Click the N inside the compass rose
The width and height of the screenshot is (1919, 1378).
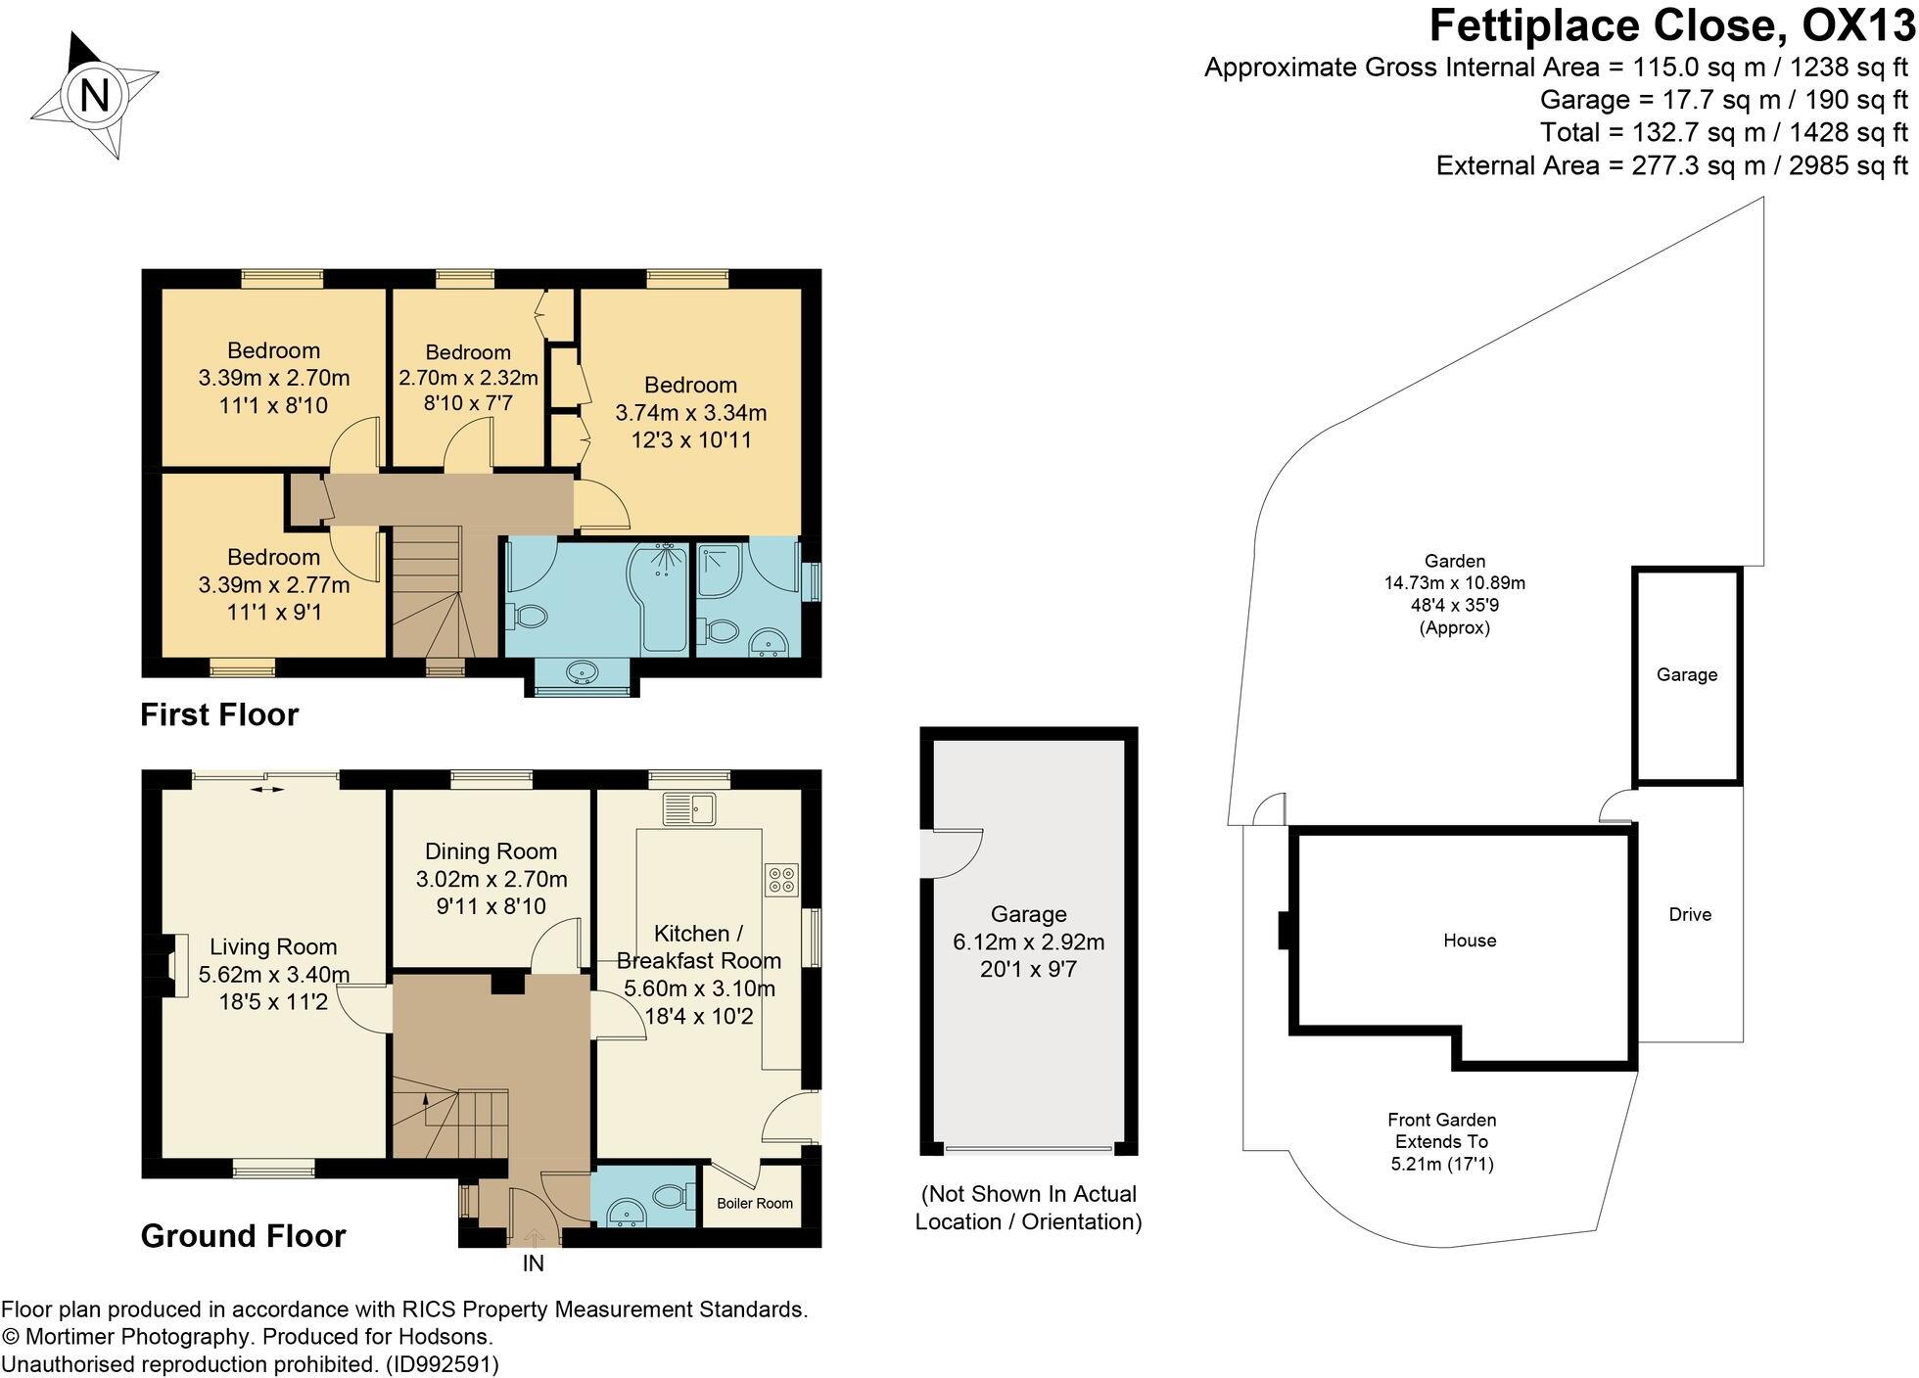coord(94,96)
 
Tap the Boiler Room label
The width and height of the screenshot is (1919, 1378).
coord(755,1203)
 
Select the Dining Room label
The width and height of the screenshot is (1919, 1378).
coord(491,851)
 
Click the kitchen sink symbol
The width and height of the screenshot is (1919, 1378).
coord(690,808)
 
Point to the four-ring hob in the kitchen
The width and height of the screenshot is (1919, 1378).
coord(781,879)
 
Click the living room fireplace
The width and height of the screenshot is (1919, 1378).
coord(175,965)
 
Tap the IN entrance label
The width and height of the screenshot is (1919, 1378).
coord(534,1263)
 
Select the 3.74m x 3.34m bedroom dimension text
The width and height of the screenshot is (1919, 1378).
coord(691,413)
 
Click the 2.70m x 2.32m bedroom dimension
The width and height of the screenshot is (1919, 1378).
coord(469,378)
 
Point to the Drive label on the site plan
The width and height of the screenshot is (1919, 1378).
coord(1691,914)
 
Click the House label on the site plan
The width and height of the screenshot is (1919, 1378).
coord(1470,941)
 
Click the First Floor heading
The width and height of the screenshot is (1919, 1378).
coord(219,714)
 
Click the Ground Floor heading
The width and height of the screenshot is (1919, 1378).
coord(244,1236)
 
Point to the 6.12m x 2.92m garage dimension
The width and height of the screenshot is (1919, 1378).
coord(1029,942)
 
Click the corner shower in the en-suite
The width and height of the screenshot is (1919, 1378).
coord(721,570)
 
